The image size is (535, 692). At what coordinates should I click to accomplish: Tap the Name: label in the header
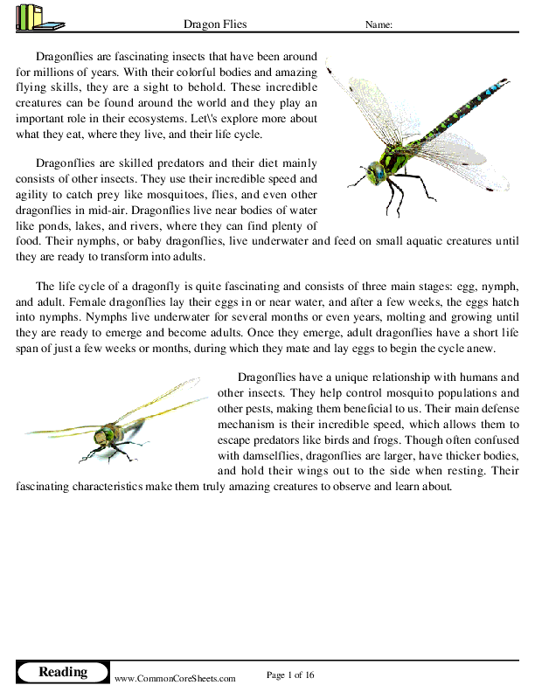378,24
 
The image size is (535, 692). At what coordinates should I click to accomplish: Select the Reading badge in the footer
63,672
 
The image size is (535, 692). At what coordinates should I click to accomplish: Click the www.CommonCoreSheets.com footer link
175,678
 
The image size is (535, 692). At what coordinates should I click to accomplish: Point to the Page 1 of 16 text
289,674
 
